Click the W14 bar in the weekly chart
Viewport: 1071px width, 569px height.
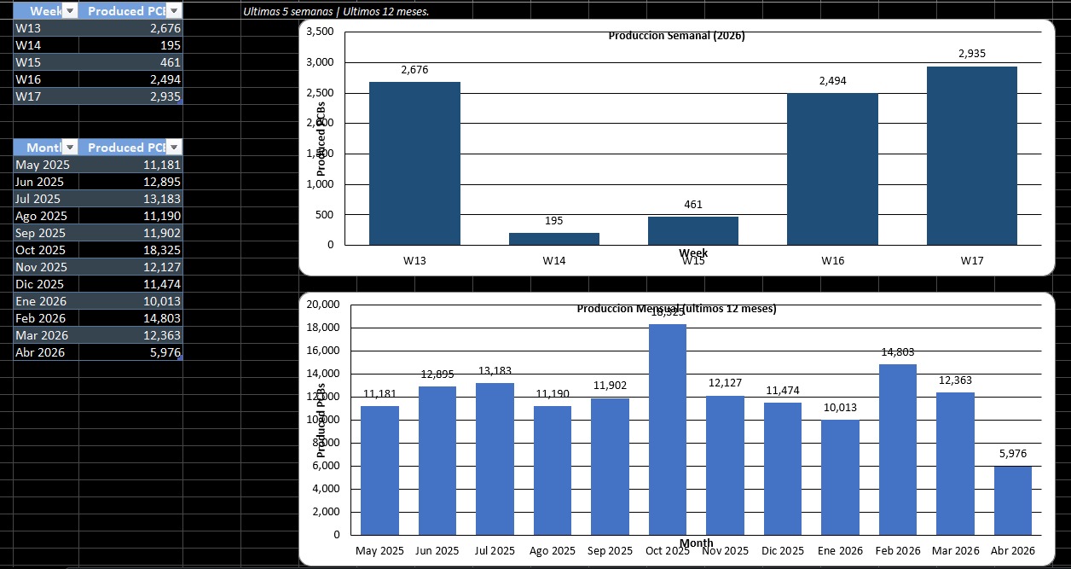click(554, 239)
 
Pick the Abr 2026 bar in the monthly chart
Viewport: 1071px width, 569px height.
click(1012, 500)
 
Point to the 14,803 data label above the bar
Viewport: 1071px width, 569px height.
click(897, 352)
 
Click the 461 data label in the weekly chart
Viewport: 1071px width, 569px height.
click(692, 205)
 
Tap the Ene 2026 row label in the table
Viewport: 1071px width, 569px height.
click(41, 301)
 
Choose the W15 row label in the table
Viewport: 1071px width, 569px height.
click(28, 62)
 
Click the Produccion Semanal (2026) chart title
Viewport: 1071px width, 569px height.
click(677, 36)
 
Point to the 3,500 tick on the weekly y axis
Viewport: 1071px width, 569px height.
click(319, 32)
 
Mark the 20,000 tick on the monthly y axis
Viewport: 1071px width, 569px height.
click(322, 305)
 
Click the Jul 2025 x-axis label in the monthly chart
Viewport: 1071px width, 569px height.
click(494, 551)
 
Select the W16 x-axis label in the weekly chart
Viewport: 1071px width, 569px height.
click(832, 261)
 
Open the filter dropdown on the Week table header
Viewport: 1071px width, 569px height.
click(71, 10)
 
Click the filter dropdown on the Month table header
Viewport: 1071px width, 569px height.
click(71, 147)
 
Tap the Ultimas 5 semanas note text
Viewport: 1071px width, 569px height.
click(336, 12)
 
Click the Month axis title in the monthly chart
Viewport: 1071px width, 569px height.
click(697, 543)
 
